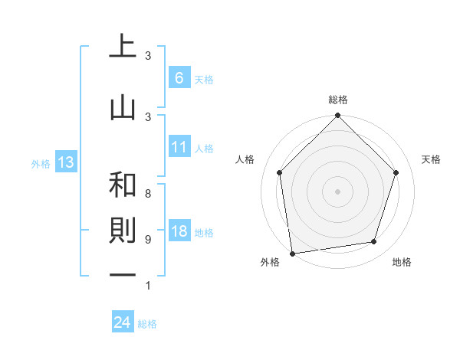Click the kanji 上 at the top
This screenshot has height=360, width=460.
pos(123,47)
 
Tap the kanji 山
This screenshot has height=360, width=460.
pos(123,108)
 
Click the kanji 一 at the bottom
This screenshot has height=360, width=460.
pos(123,276)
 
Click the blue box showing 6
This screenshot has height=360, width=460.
pos(179,78)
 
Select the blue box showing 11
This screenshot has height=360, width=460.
pos(179,147)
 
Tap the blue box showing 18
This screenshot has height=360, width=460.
pos(179,232)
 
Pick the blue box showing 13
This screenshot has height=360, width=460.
pos(65,162)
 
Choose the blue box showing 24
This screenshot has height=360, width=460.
pos(122,323)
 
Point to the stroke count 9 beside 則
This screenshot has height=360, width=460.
pos(147,240)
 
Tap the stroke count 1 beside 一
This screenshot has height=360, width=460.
pos(147,286)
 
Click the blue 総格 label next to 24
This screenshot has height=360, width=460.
pos(147,324)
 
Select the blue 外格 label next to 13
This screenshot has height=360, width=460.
pos(41,163)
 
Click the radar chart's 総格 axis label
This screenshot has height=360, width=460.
pos(337,100)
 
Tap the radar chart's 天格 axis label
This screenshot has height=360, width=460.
pos(432,159)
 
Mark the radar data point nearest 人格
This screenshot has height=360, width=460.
pos(279,172)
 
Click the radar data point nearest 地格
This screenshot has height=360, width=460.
pos(374,242)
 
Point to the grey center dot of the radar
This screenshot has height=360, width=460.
pos(337,191)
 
